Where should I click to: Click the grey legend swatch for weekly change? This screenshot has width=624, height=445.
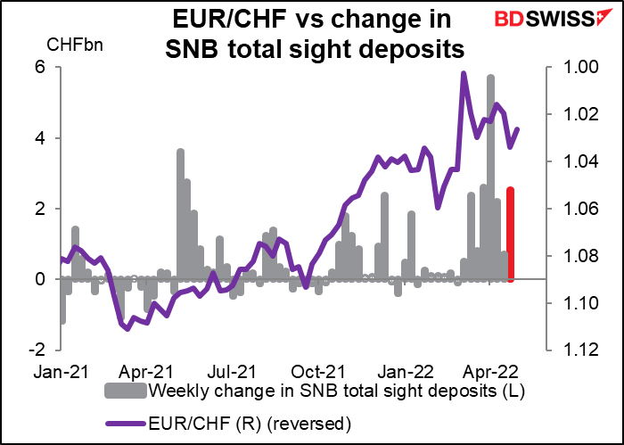click(x=127, y=391)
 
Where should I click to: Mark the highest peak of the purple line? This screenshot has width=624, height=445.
click(x=464, y=74)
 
